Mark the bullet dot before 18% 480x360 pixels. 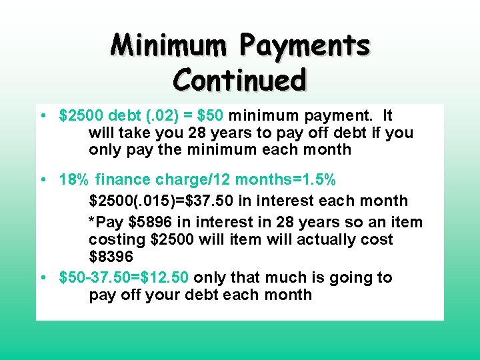point(43,181)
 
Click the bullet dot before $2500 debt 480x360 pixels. point(43,117)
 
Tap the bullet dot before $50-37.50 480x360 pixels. point(43,278)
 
